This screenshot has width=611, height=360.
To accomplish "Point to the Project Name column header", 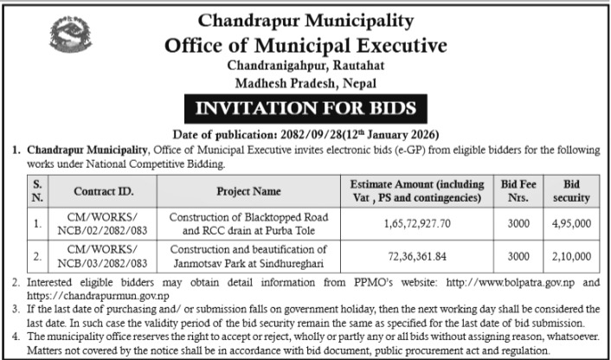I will [248, 191].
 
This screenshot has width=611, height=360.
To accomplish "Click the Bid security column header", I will [570, 191].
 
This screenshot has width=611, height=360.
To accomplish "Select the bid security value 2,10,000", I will [570, 256].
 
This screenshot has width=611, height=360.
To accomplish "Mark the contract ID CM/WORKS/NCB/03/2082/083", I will [101, 256].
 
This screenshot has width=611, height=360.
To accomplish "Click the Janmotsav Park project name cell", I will [248, 256].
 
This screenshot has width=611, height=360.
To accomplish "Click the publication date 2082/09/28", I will [317, 134].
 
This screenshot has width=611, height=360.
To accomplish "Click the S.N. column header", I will [37, 191].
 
